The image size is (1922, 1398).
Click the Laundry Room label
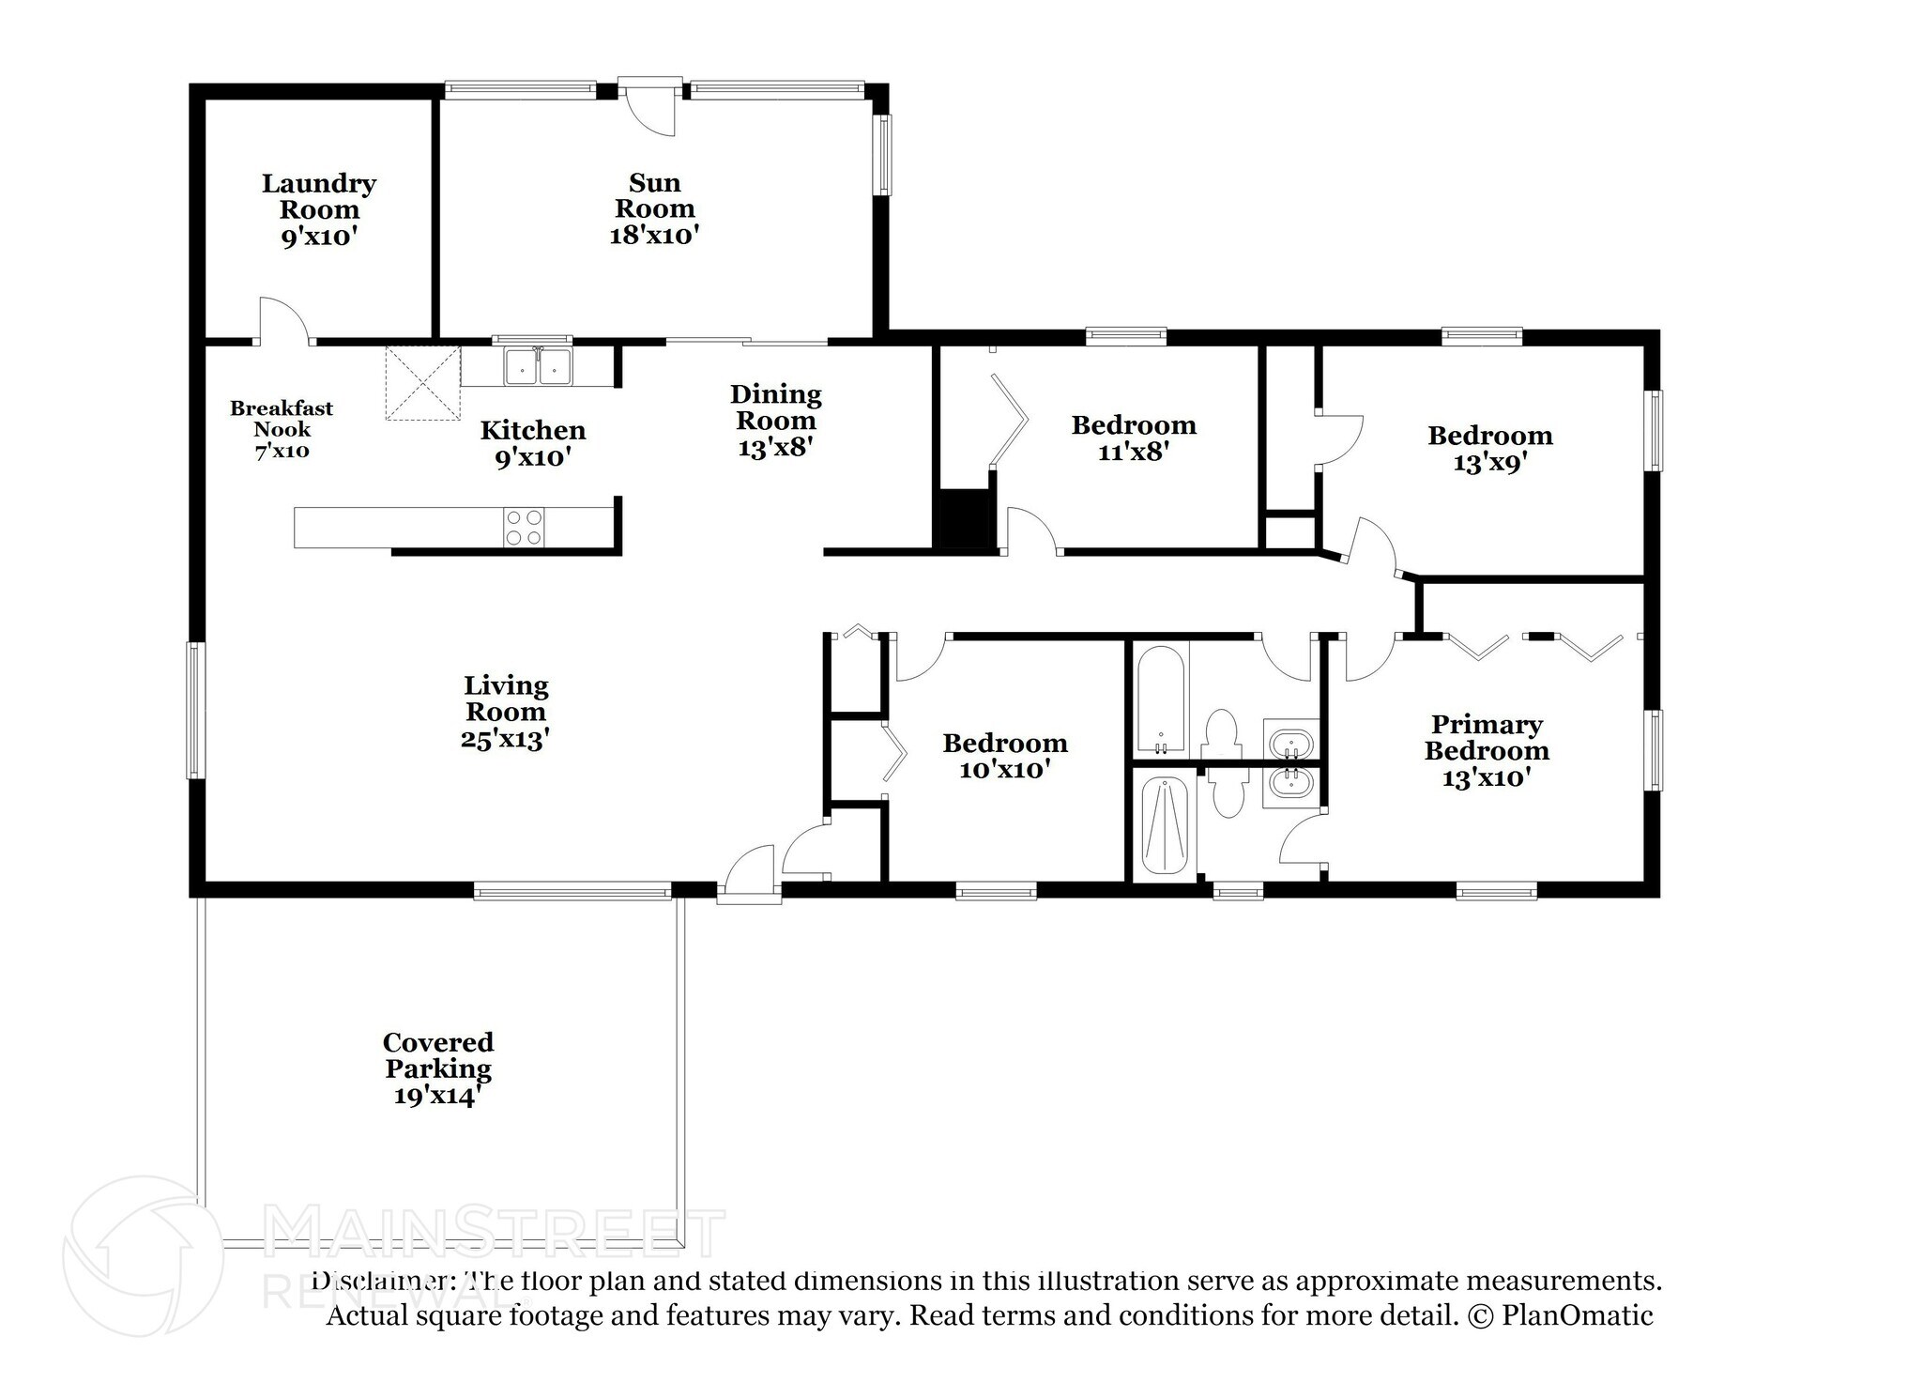[x=319, y=196]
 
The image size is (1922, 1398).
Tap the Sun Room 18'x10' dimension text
[x=654, y=236]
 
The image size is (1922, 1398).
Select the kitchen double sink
[x=539, y=366]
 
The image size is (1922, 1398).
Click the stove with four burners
[x=524, y=527]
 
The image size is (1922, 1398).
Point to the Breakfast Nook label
[x=282, y=419]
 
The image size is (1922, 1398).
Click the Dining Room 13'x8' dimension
[x=774, y=448]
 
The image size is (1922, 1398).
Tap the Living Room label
[x=505, y=699]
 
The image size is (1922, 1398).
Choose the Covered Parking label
[x=437, y=1055]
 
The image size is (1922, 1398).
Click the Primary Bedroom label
[x=1486, y=738]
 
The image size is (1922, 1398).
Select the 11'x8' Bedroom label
[x=1134, y=425]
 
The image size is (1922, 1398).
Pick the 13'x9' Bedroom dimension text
[x=1490, y=463]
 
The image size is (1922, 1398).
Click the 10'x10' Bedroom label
[x=1005, y=744]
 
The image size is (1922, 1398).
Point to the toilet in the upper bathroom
[x=1221, y=733]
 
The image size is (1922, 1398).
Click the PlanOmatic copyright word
[x=1577, y=1315]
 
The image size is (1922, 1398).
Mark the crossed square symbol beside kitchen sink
[x=422, y=383]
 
